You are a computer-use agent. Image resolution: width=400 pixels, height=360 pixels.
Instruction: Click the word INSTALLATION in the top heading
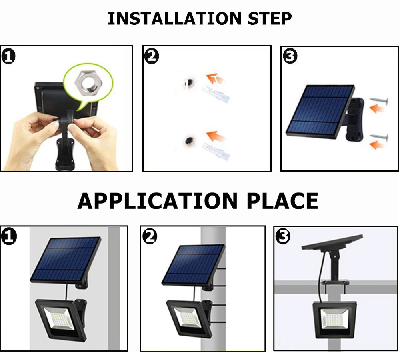coord(174,19)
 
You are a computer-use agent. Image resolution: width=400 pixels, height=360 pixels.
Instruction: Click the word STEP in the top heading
coord(270,19)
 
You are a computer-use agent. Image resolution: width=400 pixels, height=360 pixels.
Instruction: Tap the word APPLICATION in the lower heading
coord(158,201)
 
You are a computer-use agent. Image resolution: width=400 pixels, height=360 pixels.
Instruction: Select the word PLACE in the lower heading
coord(282,201)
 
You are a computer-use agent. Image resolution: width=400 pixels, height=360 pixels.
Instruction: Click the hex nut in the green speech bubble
coord(88,83)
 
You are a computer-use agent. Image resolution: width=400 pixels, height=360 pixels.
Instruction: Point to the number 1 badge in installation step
coord(8,57)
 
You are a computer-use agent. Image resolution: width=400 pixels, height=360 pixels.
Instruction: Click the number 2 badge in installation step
coord(152,56)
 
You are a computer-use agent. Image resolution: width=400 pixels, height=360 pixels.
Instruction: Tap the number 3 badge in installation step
coord(290,56)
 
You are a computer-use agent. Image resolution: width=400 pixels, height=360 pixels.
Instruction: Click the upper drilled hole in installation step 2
coord(189,82)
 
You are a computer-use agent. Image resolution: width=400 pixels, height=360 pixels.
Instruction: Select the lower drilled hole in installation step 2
coord(190,140)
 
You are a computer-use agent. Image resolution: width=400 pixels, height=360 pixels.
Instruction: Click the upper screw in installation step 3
coord(379,101)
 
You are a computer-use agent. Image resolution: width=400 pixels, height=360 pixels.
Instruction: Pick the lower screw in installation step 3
coord(379,138)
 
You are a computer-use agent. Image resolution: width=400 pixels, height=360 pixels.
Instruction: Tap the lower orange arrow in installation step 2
coord(215,136)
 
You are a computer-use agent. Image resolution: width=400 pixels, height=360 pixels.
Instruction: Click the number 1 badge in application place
coord(9,236)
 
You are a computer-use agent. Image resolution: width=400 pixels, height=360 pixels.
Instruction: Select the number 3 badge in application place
coord(283,236)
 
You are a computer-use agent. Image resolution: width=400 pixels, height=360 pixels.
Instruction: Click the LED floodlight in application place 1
coord(61,319)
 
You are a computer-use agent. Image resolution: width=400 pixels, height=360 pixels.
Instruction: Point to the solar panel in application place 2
coord(193,264)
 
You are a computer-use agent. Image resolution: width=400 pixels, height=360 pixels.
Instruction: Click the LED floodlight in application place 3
coord(334,320)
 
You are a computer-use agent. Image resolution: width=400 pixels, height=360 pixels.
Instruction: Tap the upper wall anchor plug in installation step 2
coord(216,94)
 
